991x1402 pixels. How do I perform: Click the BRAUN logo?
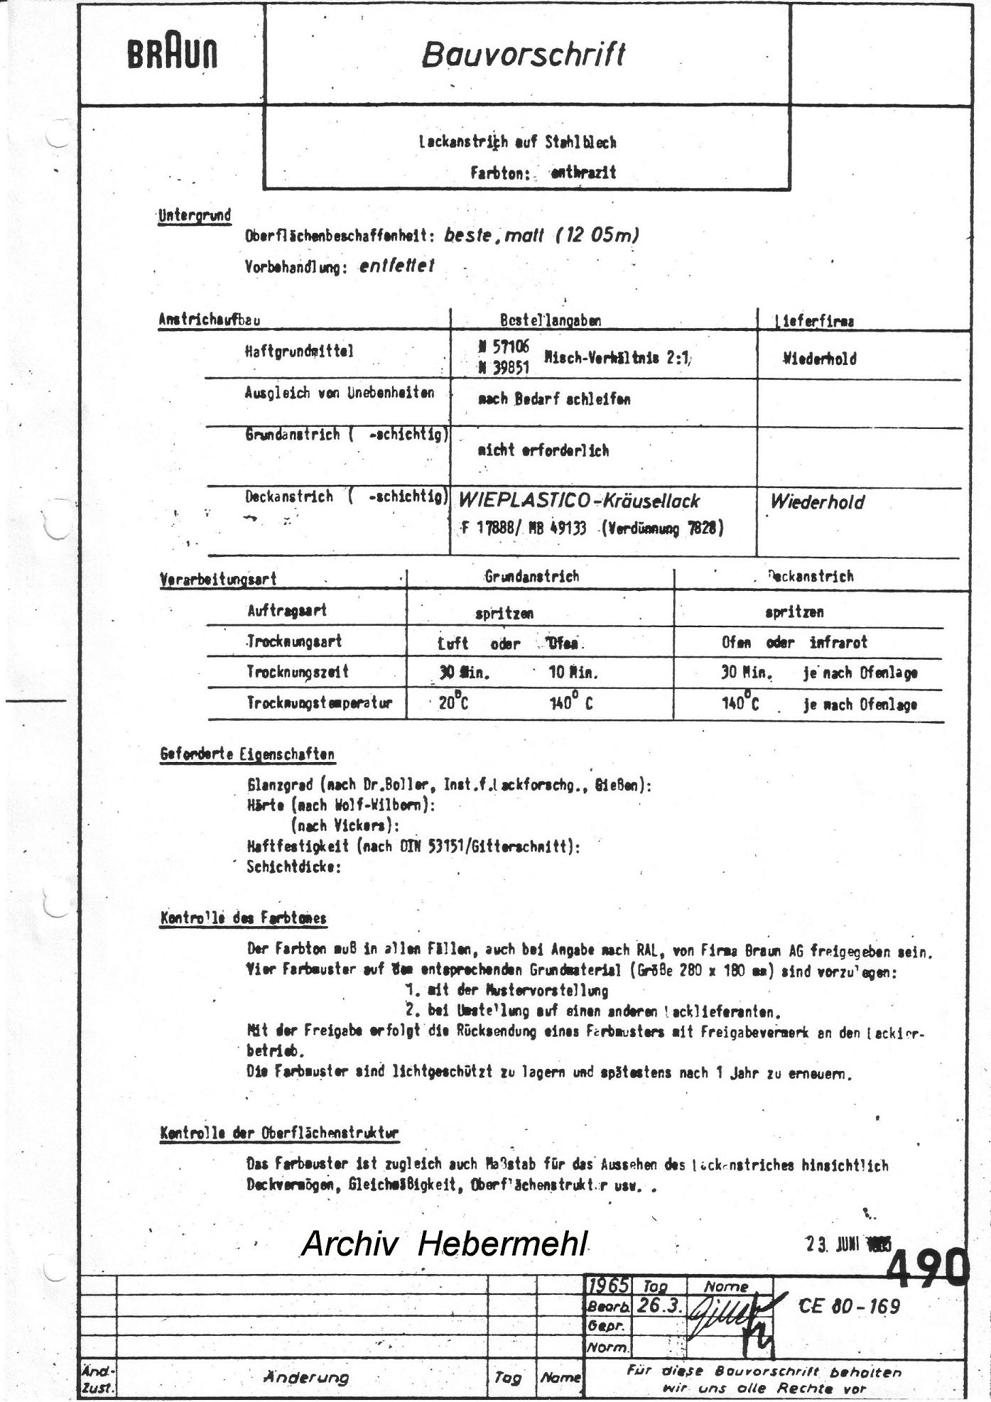coord(173,54)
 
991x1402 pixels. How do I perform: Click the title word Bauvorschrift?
coord(524,54)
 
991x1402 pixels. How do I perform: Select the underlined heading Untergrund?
coord(194,215)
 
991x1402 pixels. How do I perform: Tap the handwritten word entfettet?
coord(396,266)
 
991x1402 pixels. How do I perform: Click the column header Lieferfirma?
coord(815,321)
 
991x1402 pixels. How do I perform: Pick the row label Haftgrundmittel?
coord(299,351)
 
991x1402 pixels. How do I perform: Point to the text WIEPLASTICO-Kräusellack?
coord(578,501)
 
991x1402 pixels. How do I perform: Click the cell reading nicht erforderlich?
coord(543,450)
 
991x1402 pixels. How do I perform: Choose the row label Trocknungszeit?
coord(298,672)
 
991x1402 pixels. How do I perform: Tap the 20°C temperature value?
coord(454,703)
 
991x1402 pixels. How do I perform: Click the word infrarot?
coord(838,642)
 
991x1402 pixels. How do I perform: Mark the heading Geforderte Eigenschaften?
coord(247,754)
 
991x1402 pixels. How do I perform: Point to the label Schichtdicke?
coord(293,866)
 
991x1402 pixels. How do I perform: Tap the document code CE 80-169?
coord(849,1306)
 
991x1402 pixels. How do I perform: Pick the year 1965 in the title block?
coord(609,1286)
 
